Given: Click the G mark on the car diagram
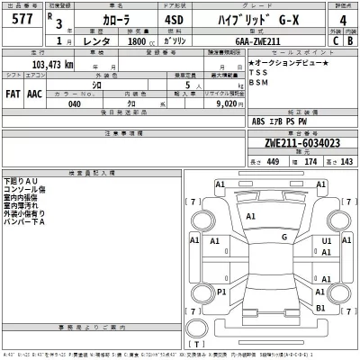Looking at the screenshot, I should [x=283, y=237].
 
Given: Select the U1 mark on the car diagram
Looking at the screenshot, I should [x=327, y=242].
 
